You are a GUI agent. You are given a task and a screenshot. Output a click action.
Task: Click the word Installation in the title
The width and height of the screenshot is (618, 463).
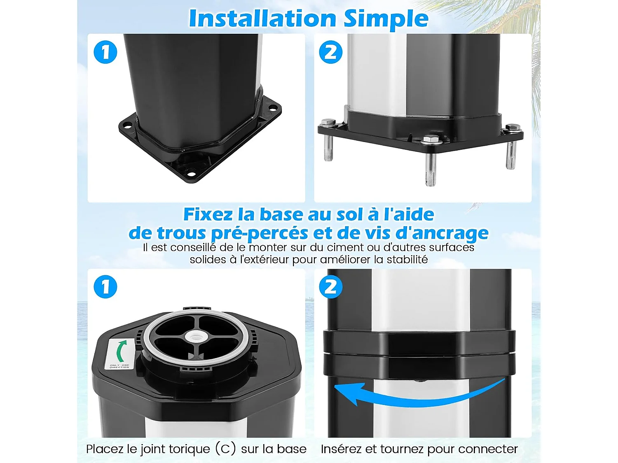[262, 19]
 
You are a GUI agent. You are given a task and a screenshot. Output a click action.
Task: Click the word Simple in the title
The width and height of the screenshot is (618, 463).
[386, 19]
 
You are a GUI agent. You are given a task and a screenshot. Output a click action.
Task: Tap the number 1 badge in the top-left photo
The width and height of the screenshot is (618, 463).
[105, 52]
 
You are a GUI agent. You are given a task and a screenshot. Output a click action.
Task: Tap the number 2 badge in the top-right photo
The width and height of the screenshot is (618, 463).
[330, 52]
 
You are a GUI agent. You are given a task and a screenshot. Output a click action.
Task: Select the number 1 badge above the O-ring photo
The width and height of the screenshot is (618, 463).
[105, 287]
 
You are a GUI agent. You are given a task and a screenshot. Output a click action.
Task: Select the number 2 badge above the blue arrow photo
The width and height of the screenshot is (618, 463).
[330, 287]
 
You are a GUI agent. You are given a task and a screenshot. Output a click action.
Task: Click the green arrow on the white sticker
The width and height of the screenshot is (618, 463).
[120, 351]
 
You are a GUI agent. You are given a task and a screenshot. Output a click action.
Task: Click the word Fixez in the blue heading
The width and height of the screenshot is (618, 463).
[208, 214]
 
